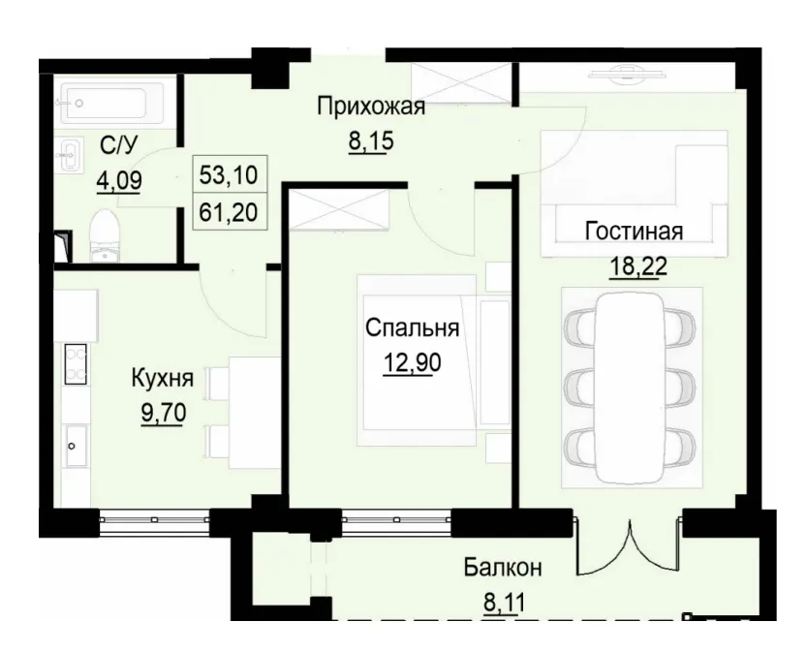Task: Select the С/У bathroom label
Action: coord(119,146)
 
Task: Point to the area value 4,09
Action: coord(119,180)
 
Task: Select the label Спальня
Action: coord(412,328)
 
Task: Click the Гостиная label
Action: coord(634,232)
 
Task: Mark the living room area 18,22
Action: coord(634,265)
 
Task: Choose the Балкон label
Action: coord(502,568)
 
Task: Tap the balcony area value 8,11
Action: coord(502,603)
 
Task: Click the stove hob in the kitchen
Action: coord(75,365)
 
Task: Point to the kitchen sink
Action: coord(75,446)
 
